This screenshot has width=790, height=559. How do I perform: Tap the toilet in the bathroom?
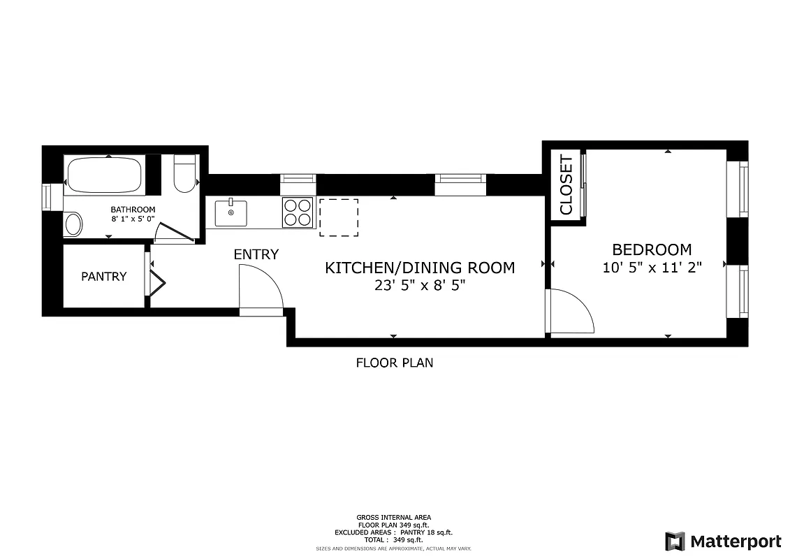[185, 176]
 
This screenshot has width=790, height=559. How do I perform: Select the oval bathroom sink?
[73, 224]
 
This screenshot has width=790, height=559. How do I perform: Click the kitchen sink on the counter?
[231, 213]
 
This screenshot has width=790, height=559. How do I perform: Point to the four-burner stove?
[298, 212]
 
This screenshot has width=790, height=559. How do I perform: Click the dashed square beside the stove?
[339, 217]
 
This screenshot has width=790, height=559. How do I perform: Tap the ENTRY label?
[256, 254]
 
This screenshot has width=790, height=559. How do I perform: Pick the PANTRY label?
[104, 276]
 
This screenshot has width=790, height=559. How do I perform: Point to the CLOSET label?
[566, 185]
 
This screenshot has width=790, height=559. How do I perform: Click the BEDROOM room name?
[651, 249]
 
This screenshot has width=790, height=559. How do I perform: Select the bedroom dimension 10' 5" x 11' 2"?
[651, 267]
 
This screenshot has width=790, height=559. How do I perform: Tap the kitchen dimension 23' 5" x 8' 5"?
[419, 285]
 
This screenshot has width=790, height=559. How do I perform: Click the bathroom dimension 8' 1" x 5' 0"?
[133, 219]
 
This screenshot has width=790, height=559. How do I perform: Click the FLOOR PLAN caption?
[394, 363]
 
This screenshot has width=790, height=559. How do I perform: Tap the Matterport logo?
[722, 541]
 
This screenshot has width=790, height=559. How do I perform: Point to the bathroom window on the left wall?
[47, 196]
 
